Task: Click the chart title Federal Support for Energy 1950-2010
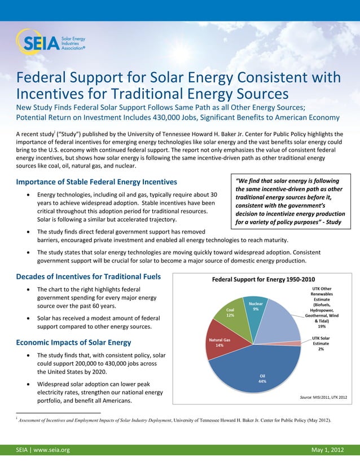[263, 279]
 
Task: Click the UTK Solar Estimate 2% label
[321, 343]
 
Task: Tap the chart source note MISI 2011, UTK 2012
[323, 397]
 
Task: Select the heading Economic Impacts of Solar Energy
[74, 342]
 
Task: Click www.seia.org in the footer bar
[51, 450]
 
